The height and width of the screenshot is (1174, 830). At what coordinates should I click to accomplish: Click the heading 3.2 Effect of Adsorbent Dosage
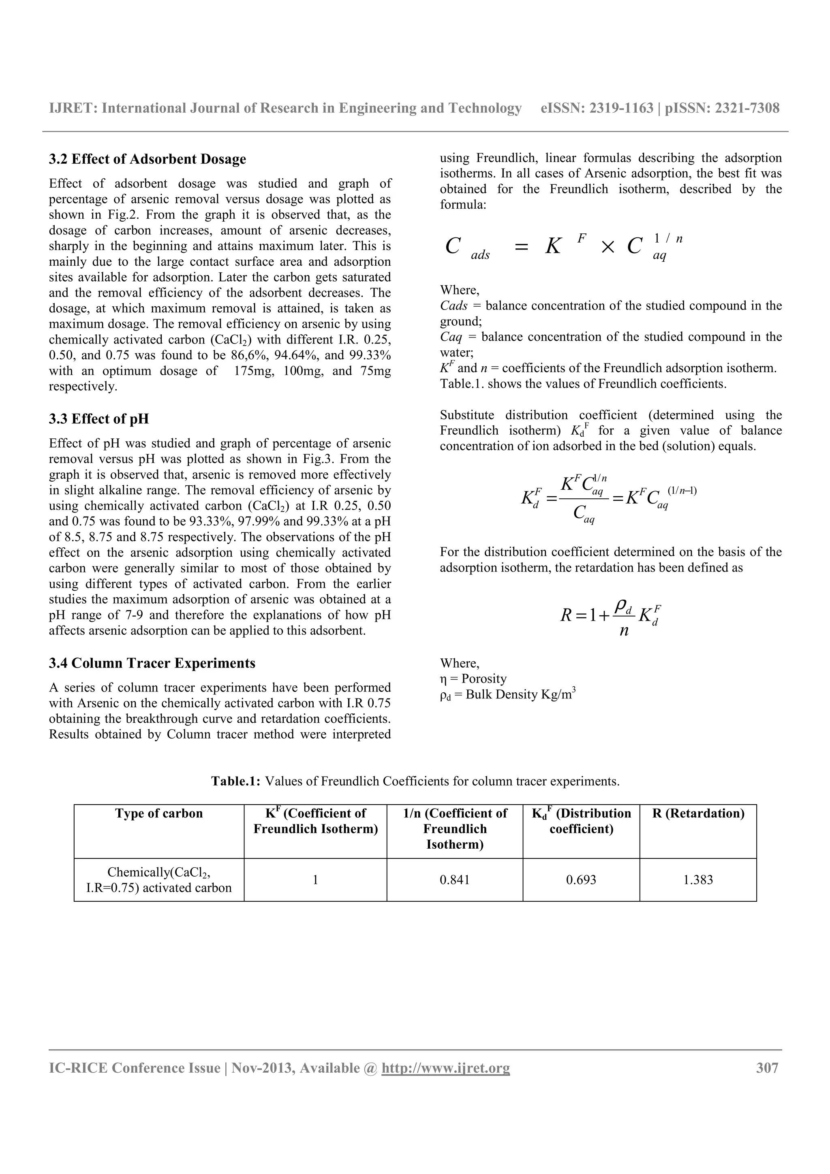point(147,160)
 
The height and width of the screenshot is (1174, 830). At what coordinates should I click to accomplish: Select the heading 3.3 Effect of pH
point(99,419)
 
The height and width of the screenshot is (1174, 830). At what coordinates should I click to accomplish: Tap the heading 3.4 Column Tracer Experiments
point(152,664)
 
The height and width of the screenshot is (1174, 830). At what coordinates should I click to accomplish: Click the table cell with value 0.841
point(454,880)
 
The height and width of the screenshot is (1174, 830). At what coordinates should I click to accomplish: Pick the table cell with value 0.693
point(580,880)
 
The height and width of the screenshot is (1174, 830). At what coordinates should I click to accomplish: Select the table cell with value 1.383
point(697,880)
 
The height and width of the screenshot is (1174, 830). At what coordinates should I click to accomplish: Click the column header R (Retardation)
point(697,813)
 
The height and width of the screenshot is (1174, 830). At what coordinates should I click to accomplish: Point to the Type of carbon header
point(158,813)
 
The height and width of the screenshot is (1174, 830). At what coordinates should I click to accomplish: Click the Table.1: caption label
point(236,781)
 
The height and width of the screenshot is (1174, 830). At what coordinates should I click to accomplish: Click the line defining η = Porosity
point(473,679)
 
